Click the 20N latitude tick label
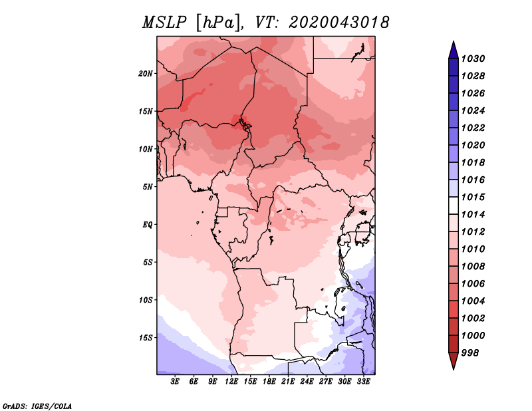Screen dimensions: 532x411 coord(146,74)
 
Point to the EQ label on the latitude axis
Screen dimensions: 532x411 coord(148,225)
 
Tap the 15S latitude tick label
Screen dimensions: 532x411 coord(146,338)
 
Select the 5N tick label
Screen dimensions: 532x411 coord(148,187)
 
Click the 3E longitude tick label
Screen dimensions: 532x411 coord(175,382)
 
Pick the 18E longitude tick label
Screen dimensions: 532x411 coord(269,382)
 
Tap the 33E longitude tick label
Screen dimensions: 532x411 coord(363,382)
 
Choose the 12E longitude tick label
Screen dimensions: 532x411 coord(231,382)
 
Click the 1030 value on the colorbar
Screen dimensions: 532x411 coord(473,59)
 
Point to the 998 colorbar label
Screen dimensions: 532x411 coord(470,353)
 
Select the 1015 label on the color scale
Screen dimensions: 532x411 coord(473,197)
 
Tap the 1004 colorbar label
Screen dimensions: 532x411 coord(473,301)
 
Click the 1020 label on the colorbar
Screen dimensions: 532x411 coord(473,145)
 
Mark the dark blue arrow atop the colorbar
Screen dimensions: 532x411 coord(454,50)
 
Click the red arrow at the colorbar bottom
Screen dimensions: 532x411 coord(454,361)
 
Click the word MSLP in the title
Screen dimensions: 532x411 coord(164,23)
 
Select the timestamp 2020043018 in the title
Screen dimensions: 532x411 coord(339,23)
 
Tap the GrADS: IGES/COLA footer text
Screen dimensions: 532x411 coord(37,406)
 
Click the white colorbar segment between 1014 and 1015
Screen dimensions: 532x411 coord(454,205)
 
